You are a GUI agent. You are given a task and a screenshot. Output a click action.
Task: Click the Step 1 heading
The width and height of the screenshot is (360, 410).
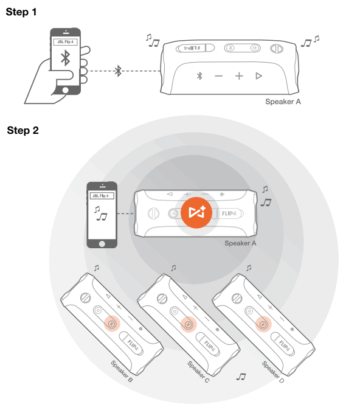pyautogui.click(x=22, y=12)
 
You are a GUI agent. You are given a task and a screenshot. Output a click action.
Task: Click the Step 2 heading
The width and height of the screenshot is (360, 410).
pyautogui.click(x=23, y=130)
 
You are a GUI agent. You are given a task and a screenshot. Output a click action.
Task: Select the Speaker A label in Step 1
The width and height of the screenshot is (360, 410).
pyautogui.click(x=283, y=102)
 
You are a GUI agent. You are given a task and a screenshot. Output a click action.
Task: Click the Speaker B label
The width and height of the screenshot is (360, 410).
pyautogui.click(x=122, y=372)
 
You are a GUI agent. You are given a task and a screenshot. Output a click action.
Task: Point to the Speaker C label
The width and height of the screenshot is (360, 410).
pyautogui.click(x=198, y=372)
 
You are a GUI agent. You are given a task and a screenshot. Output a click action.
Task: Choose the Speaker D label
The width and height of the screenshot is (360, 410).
pyautogui.click(x=273, y=372)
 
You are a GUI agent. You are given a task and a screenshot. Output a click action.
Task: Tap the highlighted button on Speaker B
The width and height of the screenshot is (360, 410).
pyautogui.click(x=111, y=324)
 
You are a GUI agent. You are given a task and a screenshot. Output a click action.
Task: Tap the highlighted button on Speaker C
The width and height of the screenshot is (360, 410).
pyautogui.click(x=187, y=324)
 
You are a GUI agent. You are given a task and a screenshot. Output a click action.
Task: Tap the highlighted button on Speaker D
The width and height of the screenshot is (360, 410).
pyautogui.click(x=263, y=324)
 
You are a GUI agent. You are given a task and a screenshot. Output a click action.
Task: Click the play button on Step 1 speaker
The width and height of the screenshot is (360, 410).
pyautogui.click(x=258, y=76)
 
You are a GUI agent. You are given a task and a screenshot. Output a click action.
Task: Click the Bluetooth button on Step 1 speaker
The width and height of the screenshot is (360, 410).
pyautogui.click(x=198, y=76)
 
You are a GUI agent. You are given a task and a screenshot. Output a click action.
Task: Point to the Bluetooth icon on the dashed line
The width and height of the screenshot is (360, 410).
pyautogui.click(x=119, y=72)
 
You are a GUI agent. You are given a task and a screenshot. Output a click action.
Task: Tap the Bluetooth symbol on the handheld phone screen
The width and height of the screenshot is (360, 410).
pyautogui.click(x=64, y=60)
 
